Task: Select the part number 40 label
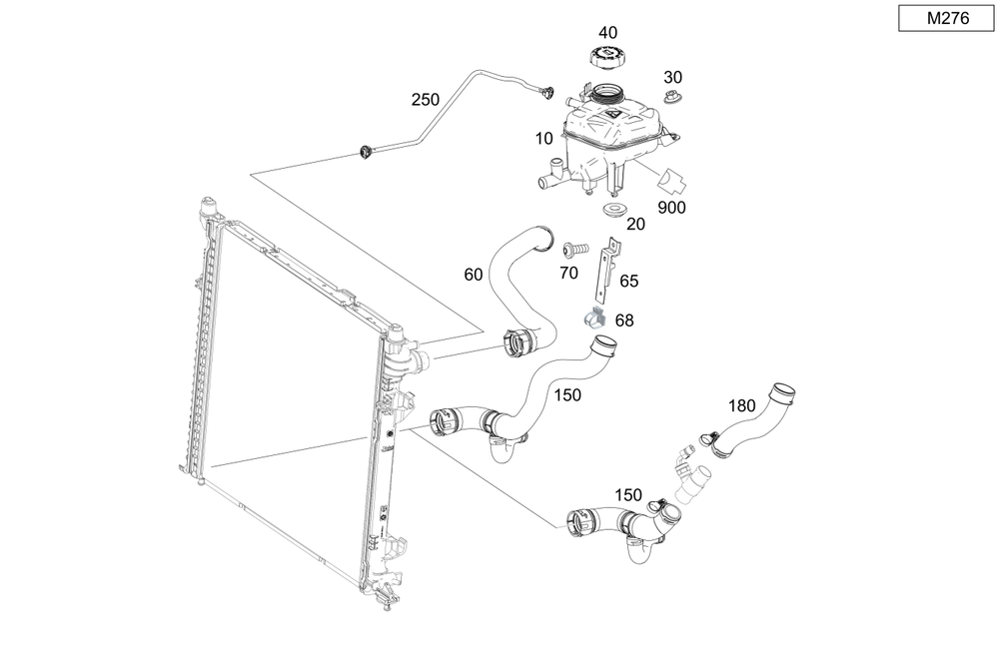[x=606, y=33]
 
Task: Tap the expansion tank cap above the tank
[x=605, y=57]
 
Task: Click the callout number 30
[x=673, y=77]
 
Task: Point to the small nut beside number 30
[x=672, y=98]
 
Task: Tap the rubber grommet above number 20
[x=614, y=210]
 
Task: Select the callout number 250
[x=425, y=100]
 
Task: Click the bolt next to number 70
[x=572, y=247]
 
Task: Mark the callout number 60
[x=474, y=274]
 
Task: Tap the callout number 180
[x=742, y=406]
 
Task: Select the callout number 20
[x=635, y=225]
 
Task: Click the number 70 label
[x=568, y=272]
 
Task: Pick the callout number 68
[x=624, y=322]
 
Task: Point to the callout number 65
[x=628, y=282]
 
